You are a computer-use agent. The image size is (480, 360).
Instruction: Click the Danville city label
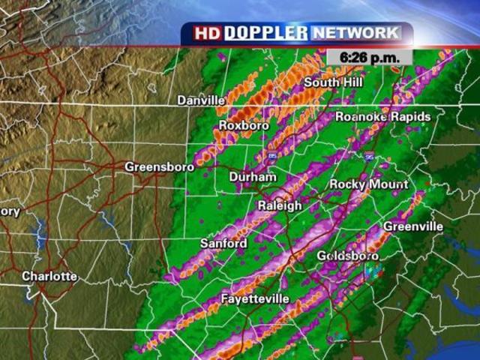click(201, 100)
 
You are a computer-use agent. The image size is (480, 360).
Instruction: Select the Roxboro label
click(243, 125)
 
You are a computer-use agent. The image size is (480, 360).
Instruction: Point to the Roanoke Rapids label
click(382, 117)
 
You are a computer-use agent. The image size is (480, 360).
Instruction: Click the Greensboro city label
click(159, 166)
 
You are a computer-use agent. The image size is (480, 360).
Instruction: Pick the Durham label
click(252, 177)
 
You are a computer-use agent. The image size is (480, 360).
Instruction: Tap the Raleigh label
click(279, 205)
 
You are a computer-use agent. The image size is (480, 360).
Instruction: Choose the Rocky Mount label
click(369, 184)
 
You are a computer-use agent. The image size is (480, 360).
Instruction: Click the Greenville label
click(413, 226)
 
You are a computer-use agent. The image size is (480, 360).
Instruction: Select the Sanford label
click(223, 244)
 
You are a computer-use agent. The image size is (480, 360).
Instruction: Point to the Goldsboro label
click(347, 256)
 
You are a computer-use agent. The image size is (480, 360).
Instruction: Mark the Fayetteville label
click(255, 299)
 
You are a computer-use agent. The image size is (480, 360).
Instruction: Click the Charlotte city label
click(49, 276)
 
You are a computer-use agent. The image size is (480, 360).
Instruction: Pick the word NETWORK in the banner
click(355, 33)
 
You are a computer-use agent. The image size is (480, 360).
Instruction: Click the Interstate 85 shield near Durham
click(271, 155)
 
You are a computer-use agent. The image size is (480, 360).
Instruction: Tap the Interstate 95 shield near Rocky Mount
click(369, 157)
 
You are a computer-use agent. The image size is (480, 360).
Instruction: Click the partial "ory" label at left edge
click(9, 211)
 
